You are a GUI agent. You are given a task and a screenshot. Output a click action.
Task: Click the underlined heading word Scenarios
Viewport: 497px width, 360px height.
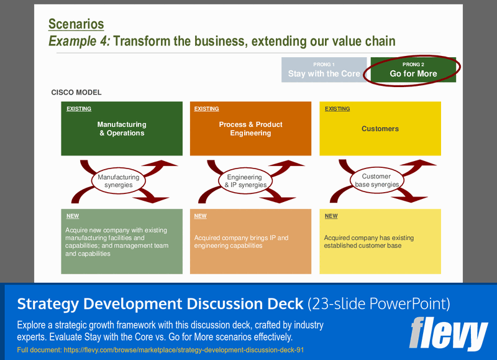(x=76, y=24)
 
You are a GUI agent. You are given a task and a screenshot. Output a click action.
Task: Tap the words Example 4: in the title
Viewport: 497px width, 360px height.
(x=80, y=42)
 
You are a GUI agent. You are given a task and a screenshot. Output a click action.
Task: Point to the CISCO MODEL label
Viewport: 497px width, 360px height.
(x=76, y=93)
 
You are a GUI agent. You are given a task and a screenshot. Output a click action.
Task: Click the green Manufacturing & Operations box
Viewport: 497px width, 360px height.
(x=122, y=129)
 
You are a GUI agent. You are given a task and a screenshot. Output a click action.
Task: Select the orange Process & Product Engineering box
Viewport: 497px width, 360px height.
(x=250, y=129)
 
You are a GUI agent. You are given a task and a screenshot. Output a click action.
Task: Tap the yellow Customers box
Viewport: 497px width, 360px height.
(x=380, y=129)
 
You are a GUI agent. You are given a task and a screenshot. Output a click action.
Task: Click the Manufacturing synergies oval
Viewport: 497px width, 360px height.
(x=119, y=181)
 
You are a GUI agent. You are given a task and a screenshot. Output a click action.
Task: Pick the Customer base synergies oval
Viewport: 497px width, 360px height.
(x=376, y=180)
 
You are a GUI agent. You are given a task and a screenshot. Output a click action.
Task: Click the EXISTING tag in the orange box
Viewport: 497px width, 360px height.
(x=206, y=109)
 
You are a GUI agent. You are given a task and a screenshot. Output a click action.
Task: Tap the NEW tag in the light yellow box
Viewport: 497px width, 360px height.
(x=331, y=216)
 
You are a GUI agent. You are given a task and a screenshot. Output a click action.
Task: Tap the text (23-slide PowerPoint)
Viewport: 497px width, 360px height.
(x=379, y=304)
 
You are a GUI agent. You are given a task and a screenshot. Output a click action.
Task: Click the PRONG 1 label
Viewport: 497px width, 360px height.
(x=324, y=64)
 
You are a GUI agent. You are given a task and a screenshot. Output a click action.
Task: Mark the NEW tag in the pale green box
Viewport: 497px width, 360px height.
(x=72, y=216)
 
